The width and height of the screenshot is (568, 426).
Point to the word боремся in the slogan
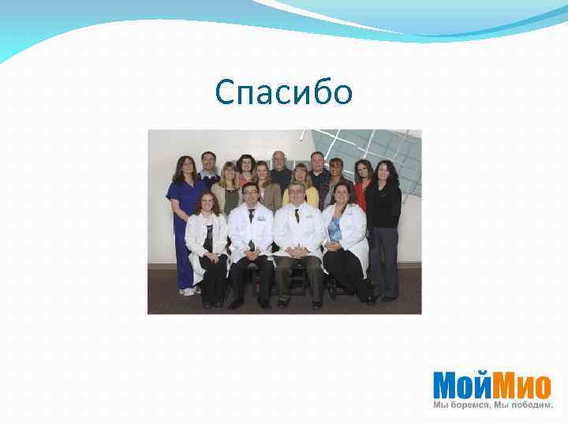469,405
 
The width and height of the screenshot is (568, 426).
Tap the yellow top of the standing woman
301,195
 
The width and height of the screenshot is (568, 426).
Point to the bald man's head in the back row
279,158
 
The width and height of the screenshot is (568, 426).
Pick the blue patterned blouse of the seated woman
335,229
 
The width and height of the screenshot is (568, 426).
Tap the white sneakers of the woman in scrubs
189,291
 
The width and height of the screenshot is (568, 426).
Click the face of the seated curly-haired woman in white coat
207,202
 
